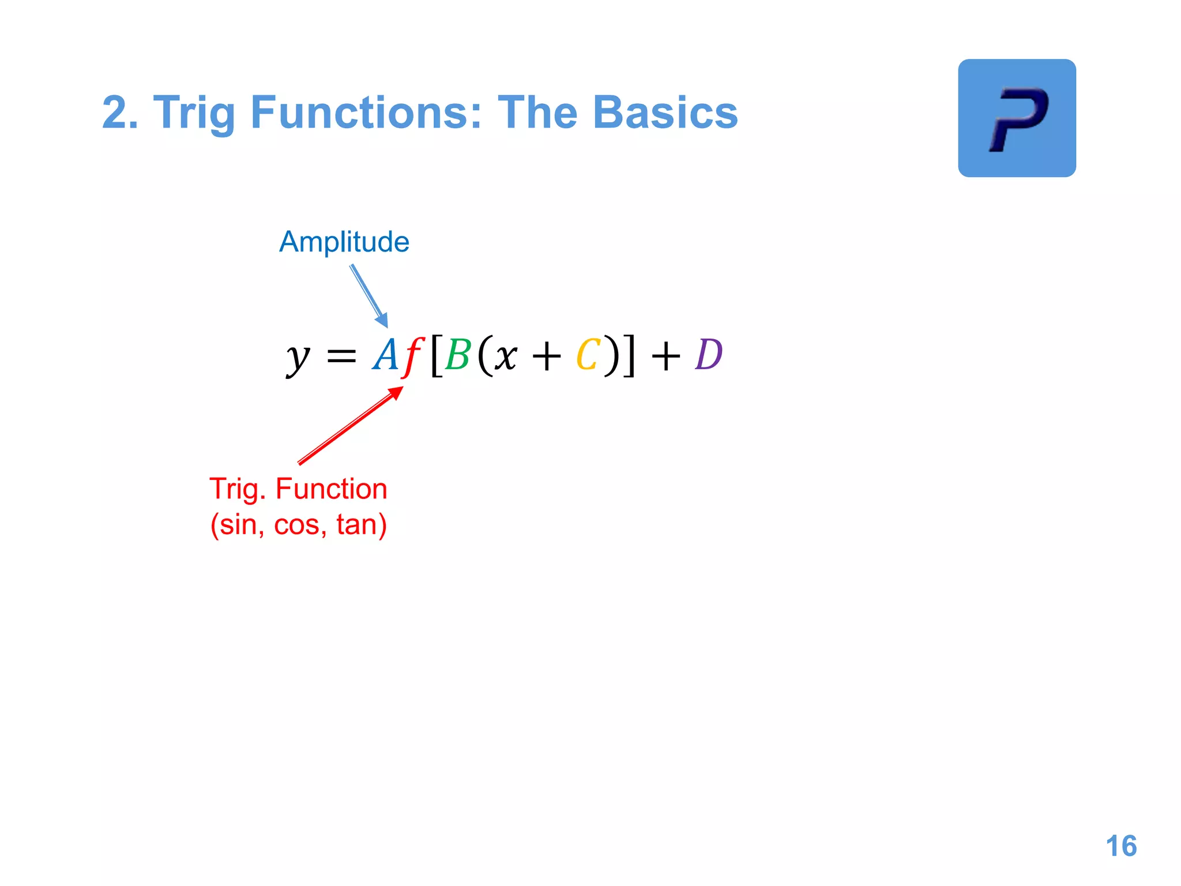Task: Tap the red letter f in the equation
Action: pos(413,356)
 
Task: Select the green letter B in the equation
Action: pos(458,355)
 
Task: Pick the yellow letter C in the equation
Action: pos(588,355)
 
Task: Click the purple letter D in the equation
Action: pos(709,354)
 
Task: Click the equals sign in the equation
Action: pos(341,356)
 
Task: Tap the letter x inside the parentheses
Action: pos(506,356)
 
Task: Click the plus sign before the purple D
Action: pos(665,356)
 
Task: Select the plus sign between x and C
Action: pos(547,356)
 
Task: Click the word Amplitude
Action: pos(344,242)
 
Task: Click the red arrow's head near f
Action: pos(397,392)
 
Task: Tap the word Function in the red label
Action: pos(331,489)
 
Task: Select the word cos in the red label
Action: pos(296,525)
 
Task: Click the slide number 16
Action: pos(1121,846)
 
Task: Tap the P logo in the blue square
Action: pos(1017,118)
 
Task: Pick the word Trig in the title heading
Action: pos(194,114)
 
